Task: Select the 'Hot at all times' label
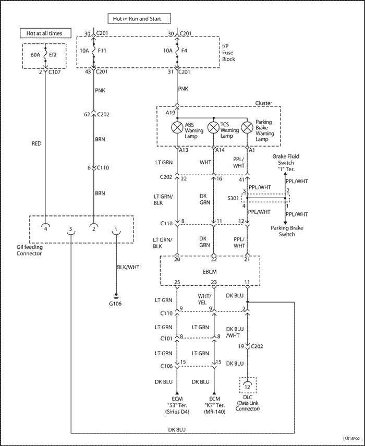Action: (x=44, y=33)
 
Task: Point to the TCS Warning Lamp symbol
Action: (x=212, y=127)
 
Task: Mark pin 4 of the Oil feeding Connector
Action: (x=46, y=228)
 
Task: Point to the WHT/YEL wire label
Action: (x=204, y=299)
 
